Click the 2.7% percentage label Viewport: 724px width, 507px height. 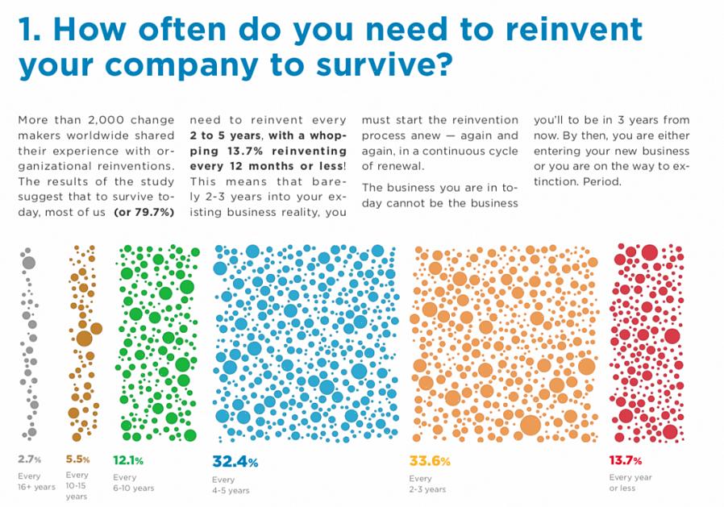coord(30,459)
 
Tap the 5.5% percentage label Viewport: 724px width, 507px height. coord(77,459)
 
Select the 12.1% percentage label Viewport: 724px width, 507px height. coord(128,460)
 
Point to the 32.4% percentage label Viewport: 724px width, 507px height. coord(235,462)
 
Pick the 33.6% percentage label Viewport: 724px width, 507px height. coord(431,462)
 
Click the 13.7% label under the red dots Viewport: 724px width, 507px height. coord(625,461)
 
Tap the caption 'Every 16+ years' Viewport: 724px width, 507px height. coord(36,481)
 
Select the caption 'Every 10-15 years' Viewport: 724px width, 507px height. coord(77,485)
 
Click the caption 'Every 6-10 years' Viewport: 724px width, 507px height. coord(133,482)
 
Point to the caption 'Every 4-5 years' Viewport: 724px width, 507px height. coord(231,484)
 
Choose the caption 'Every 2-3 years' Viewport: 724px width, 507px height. coord(427,484)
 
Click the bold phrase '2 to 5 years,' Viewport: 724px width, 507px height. coord(226,135)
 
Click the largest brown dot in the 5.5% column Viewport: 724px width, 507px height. coord(84,338)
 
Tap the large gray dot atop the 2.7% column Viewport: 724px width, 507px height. coord(29,263)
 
